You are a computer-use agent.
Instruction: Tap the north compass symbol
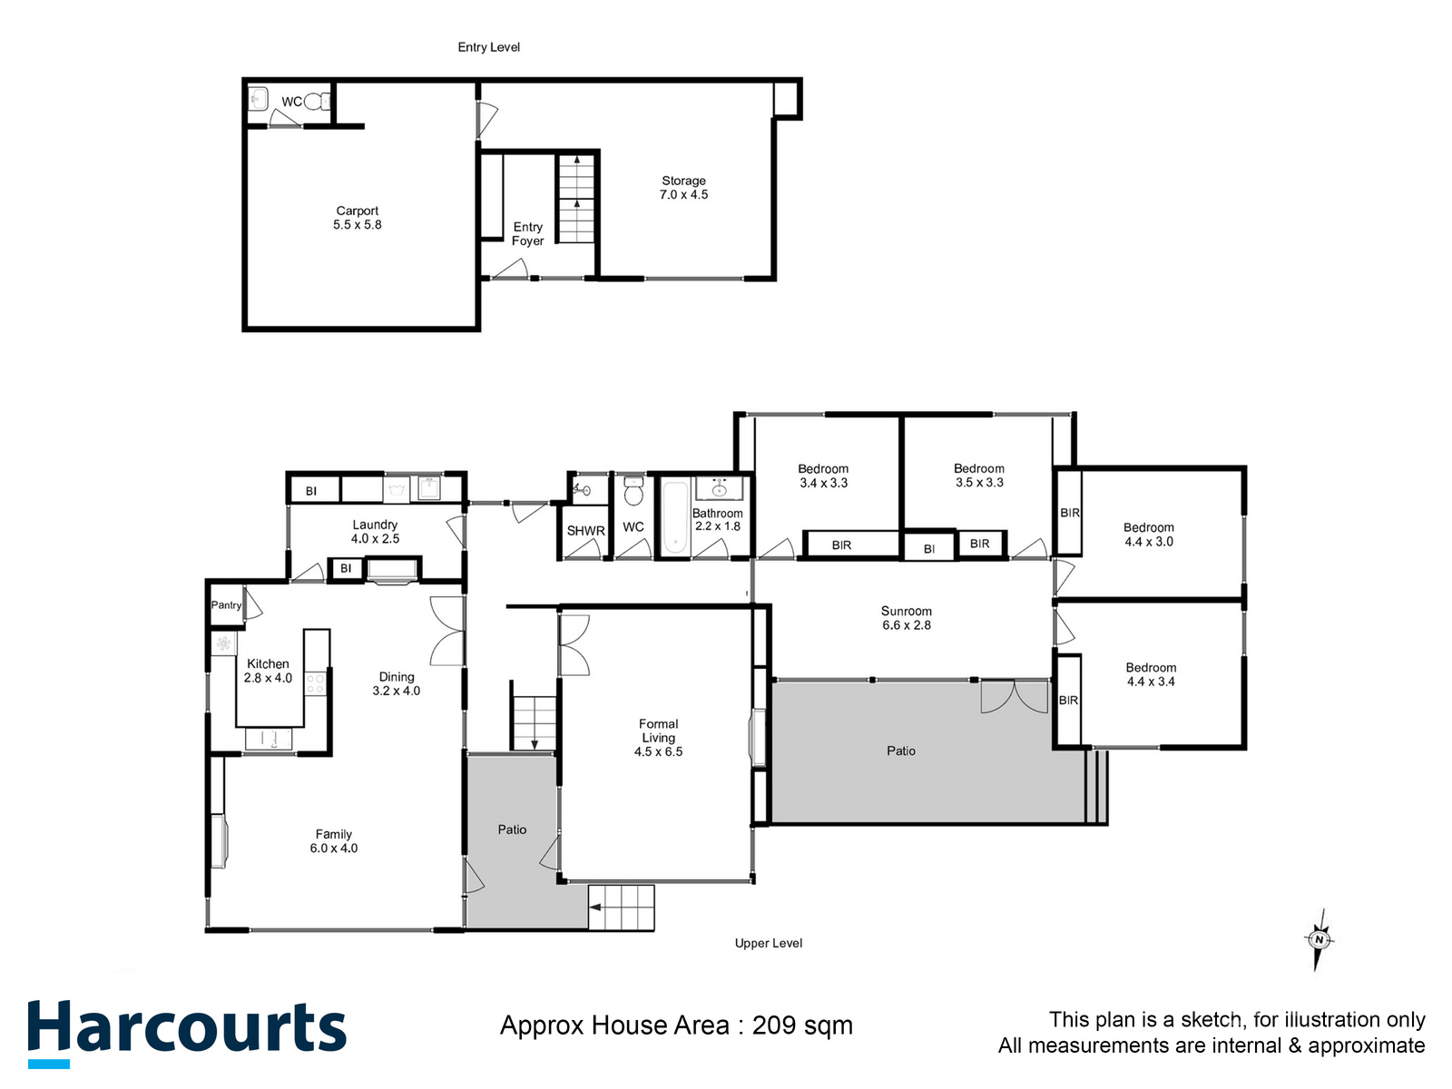point(1319,940)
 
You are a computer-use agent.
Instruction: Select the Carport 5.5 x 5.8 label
point(357,218)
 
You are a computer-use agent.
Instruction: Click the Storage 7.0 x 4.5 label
point(683,188)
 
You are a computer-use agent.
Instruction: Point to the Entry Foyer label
point(527,234)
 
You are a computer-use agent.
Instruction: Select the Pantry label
point(226,605)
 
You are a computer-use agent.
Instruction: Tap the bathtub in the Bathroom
point(674,518)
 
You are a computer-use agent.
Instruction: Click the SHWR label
point(585,532)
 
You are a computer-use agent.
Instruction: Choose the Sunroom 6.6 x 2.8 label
point(906,618)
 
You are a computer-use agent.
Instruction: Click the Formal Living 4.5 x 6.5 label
point(658,738)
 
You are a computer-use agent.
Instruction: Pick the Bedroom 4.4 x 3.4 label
point(1150,674)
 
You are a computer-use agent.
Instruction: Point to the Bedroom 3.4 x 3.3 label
point(823,476)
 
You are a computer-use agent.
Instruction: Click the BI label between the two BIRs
point(928,549)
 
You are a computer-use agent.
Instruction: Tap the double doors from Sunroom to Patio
point(1014,697)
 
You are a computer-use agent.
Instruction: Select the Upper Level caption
point(768,944)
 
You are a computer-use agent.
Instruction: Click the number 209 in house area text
point(774,1025)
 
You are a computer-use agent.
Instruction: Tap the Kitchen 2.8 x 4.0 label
point(268,671)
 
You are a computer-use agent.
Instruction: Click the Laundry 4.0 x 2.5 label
point(375,532)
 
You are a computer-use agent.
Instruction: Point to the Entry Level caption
point(488,47)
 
